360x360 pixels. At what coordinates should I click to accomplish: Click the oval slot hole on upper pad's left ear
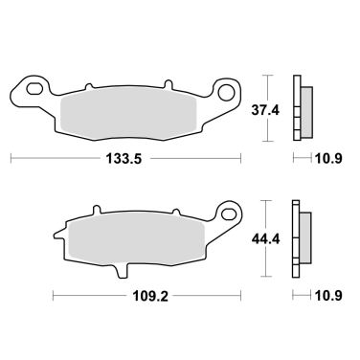(x=35, y=92)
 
